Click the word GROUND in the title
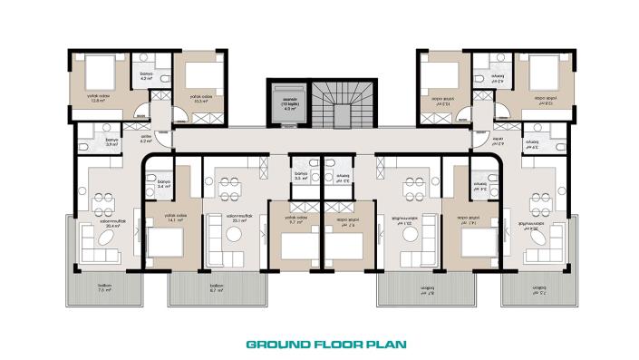point(275,345)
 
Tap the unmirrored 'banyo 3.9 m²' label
point(112,142)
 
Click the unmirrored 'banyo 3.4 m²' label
point(163,184)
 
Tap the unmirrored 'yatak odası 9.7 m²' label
point(294,219)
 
